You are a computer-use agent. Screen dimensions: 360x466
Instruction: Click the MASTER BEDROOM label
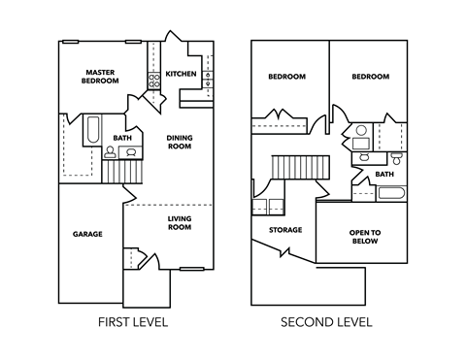[x=101, y=77]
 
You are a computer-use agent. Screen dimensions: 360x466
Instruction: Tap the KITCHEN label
[x=181, y=74]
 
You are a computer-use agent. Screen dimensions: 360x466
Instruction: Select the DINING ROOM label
[x=179, y=143]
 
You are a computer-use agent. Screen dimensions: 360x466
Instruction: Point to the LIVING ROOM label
[x=179, y=224]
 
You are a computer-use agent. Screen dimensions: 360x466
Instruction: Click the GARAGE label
[x=87, y=234]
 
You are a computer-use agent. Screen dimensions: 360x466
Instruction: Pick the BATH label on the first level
[x=122, y=138]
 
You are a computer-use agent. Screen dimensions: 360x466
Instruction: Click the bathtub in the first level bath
[x=92, y=132]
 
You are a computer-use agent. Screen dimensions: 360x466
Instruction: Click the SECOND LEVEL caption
[x=326, y=321]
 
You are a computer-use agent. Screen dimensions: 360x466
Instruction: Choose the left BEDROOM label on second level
[x=286, y=77]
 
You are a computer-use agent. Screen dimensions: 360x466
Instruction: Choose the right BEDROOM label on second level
[x=370, y=77]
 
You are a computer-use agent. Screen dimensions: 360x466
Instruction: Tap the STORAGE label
[x=285, y=230]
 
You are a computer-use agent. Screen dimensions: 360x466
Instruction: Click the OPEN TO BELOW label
[x=364, y=239]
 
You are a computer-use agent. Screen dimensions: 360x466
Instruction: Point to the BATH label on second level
[x=384, y=175]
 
